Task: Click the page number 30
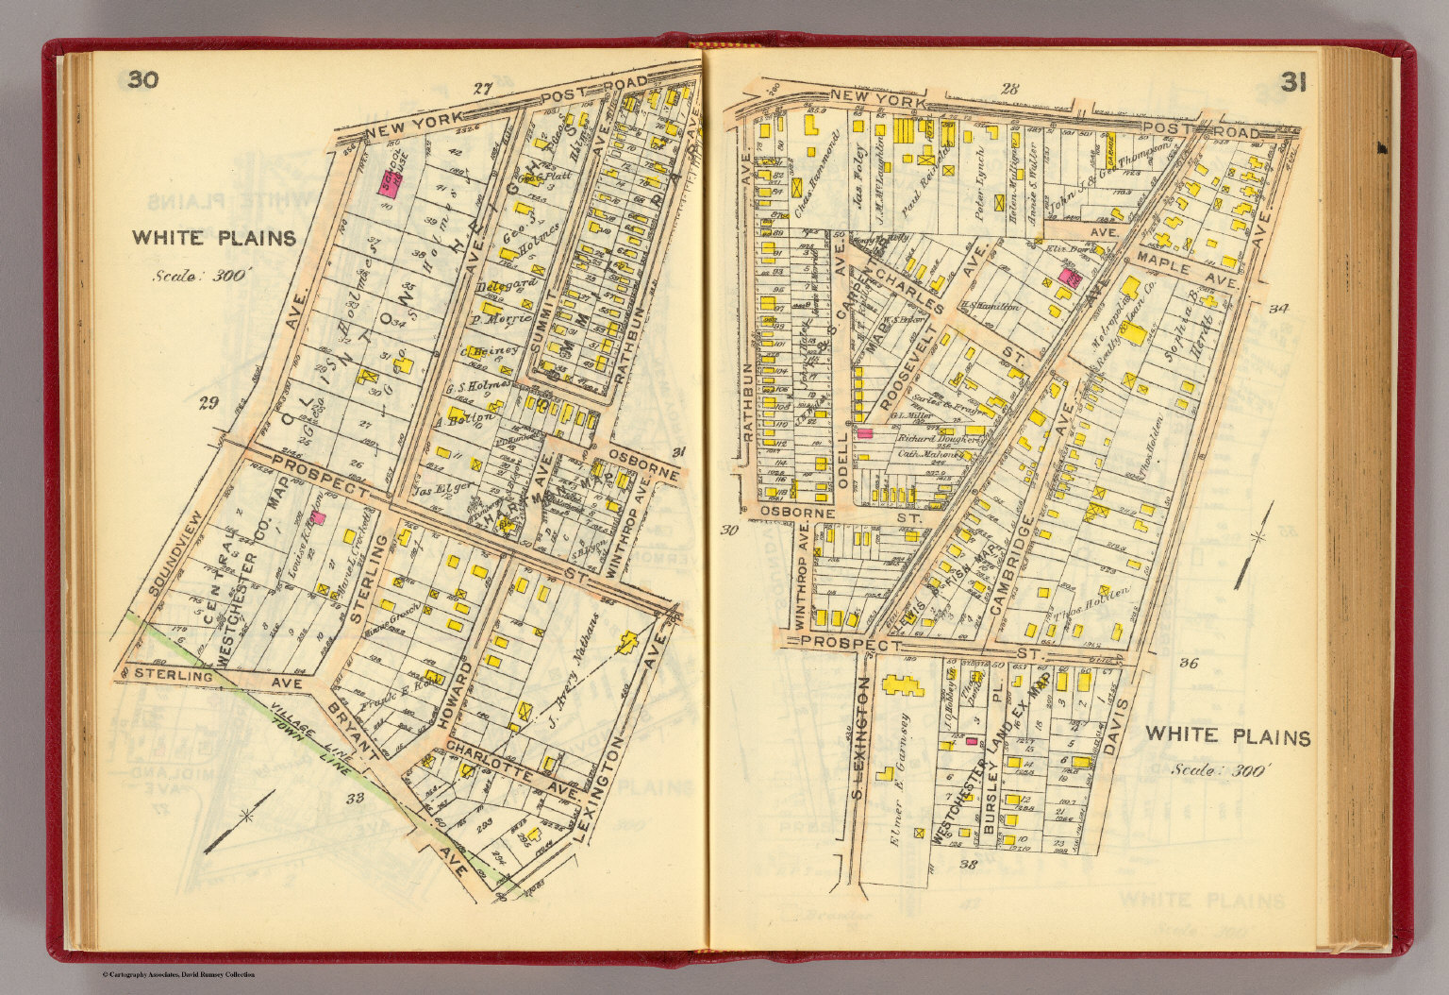[143, 79]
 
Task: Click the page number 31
[1293, 84]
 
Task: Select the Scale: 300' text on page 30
[201, 277]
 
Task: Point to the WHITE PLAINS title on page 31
[1227, 736]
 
